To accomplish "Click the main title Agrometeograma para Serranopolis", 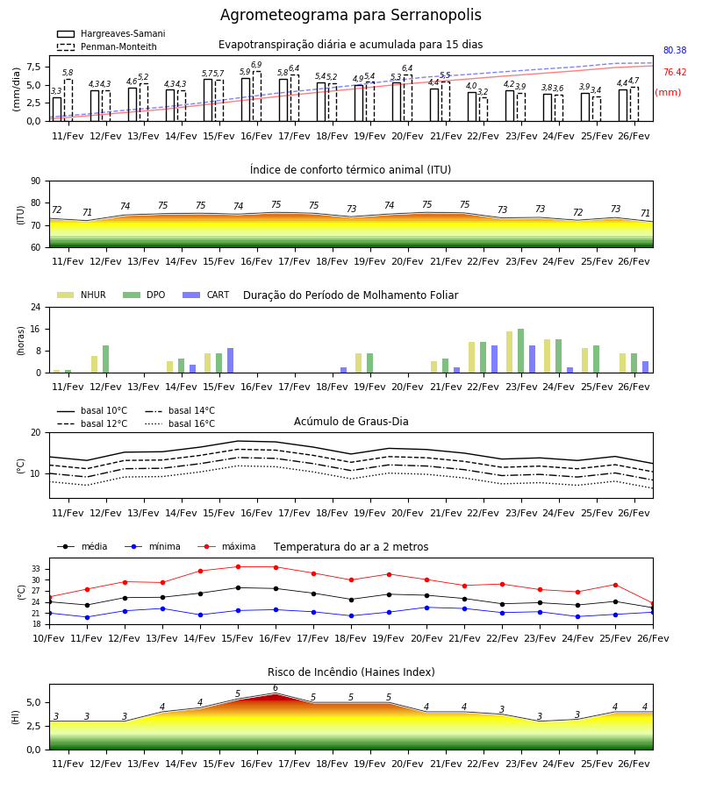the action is point(350,15).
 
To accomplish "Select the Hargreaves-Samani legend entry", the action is point(111,33).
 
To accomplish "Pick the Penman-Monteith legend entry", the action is point(107,46).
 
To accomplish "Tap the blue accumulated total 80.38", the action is point(675,50).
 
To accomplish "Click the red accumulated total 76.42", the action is point(675,73).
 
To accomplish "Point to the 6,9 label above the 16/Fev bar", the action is point(256,65).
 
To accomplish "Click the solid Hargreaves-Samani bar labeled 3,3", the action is point(57,110).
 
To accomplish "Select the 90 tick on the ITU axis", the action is point(36,181).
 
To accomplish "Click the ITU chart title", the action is point(350,169).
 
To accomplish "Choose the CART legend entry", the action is point(206,295).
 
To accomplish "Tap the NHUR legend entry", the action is point(82,295).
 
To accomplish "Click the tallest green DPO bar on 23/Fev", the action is point(520,351).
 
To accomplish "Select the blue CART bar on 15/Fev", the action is point(230,360).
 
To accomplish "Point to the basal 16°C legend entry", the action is point(180,423).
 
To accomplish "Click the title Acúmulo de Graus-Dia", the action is point(351,422).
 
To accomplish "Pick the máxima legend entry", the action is point(226,546).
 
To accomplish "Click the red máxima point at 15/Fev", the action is point(238,566).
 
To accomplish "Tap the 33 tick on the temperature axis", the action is point(36,569).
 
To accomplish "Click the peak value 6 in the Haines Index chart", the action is point(276,688).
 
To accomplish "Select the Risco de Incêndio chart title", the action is point(351,672).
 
